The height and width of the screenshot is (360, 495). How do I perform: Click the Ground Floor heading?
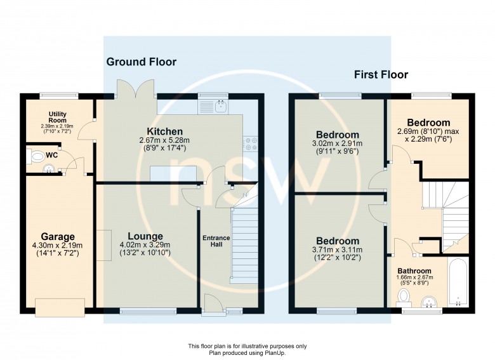[142, 62]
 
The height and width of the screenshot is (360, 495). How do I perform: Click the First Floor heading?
[381, 74]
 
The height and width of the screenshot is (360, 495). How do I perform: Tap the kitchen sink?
[221, 107]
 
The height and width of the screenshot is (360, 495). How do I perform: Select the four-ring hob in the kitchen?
[251, 143]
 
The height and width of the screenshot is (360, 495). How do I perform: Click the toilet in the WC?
[37, 157]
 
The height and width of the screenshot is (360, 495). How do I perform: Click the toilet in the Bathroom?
[404, 298]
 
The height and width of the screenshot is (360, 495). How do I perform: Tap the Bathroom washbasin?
[429, 302]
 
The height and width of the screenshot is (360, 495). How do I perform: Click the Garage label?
[58, 237]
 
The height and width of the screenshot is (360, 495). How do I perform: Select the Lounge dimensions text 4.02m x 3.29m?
[145, 244]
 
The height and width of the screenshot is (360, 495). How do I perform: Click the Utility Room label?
[58, 117]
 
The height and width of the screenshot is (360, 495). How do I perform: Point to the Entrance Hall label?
[216, 241]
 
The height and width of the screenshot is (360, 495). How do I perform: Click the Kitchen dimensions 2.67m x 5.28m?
[164, 140]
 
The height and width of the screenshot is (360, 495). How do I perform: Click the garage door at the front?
[60, 307]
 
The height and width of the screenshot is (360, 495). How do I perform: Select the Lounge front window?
[148, 311]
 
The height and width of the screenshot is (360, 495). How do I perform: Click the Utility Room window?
[59, 95]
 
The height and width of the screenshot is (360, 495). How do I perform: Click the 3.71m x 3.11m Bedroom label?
[338, 241]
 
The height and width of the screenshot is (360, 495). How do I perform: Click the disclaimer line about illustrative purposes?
[247, 347]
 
